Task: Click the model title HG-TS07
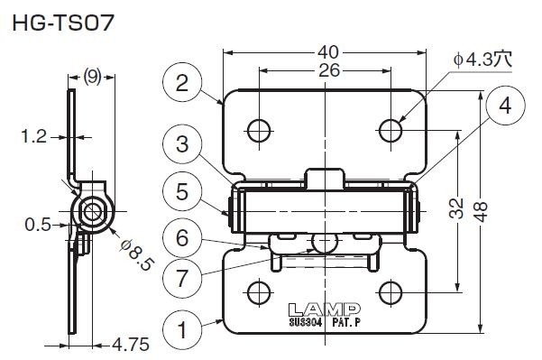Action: (x=63, y=23)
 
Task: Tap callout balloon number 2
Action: (x=182, y=82)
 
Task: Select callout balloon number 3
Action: (x=182, y=143)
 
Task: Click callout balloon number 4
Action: (x=505, y=106)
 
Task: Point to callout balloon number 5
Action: (x=182, y=191)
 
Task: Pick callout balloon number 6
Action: (x=182, y=237)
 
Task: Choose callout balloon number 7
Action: (x=182, y=278)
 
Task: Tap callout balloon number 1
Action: (x=182, y=329)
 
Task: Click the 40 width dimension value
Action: (x=328, y=52)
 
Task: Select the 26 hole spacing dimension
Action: (x=329, y=70)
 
